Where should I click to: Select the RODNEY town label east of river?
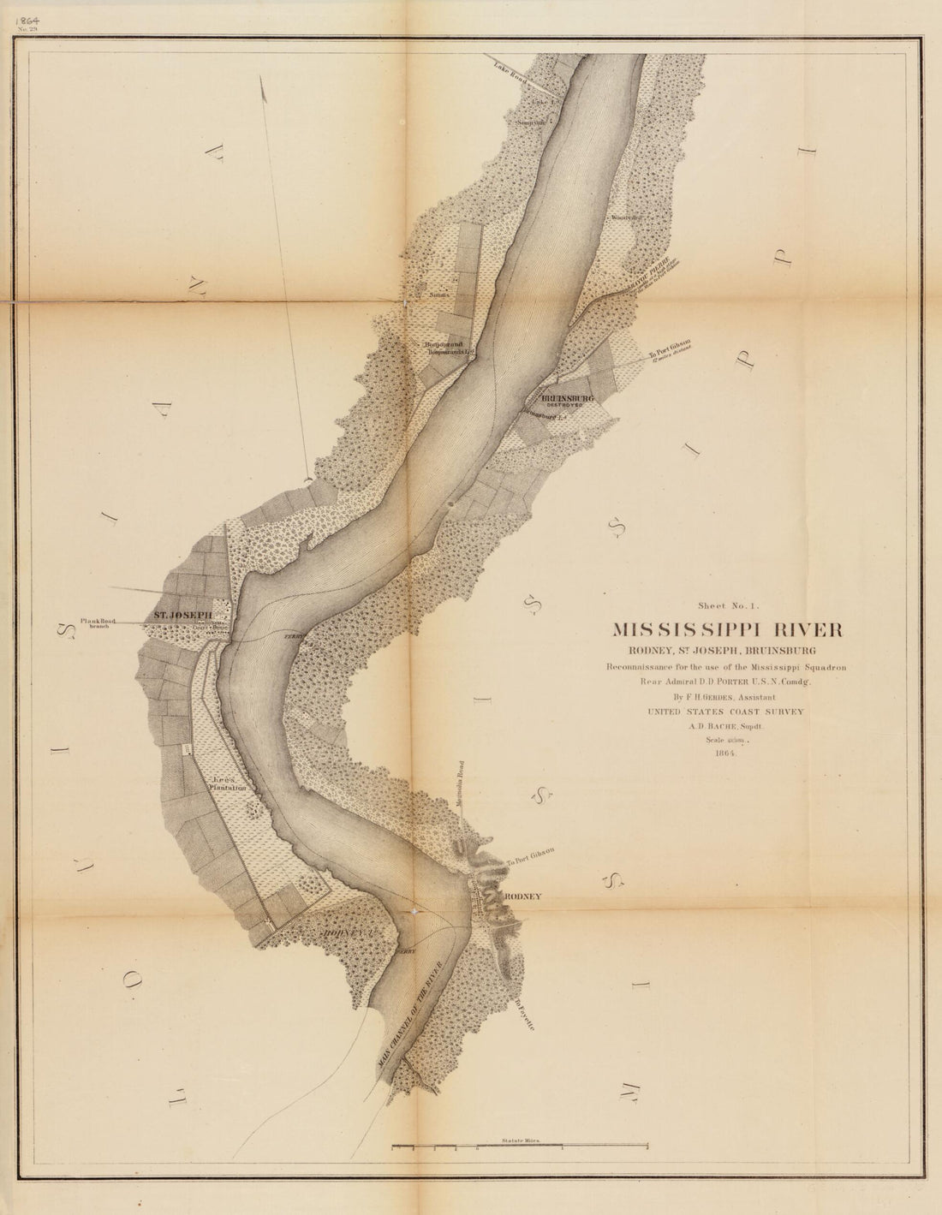coord(520,896)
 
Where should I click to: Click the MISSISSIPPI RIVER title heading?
coord(727,629)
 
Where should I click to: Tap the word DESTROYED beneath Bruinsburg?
coord(565,407)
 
